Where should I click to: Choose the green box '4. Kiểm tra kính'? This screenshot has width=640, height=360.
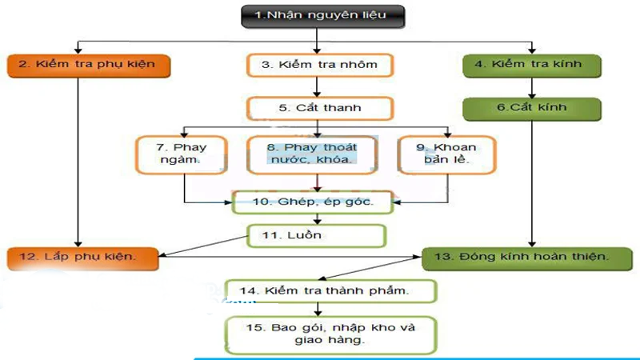tap(534, 64)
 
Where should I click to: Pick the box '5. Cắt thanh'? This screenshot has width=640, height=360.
tap(319, 108)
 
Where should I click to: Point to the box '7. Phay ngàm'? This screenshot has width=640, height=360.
tap(182, 154)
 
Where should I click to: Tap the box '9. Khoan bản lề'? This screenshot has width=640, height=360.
tap(446, 154)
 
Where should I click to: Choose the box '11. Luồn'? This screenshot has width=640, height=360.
tap(315, 236)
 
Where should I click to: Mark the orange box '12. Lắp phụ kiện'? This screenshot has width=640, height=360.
tap(84, 258)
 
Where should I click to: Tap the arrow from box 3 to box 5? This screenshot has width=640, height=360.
tap(319, 86)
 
